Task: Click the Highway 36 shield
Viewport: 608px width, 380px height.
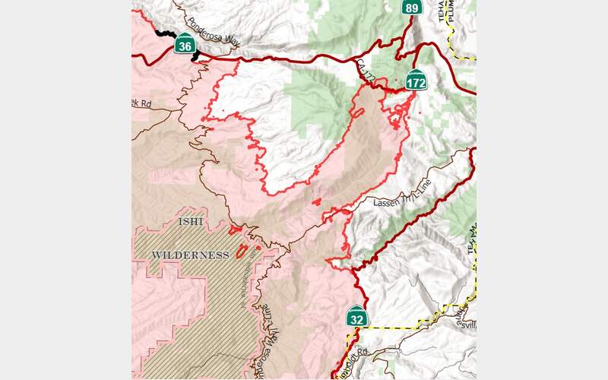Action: point(184,46)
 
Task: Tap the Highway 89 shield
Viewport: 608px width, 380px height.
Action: point(411,8)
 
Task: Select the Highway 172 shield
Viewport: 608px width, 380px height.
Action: point(415,82)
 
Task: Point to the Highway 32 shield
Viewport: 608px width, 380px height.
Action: point(356,317)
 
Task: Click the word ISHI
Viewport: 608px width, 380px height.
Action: point(191,222)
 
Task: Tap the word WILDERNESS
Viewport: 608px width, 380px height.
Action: point(190,255)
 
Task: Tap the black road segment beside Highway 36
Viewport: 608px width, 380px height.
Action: point(162,33)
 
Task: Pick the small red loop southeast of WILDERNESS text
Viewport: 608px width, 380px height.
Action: point(242,252)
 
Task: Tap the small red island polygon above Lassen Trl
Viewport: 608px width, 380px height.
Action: point(317,203)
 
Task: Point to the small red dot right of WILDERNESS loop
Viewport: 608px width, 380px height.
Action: point(258,247)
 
